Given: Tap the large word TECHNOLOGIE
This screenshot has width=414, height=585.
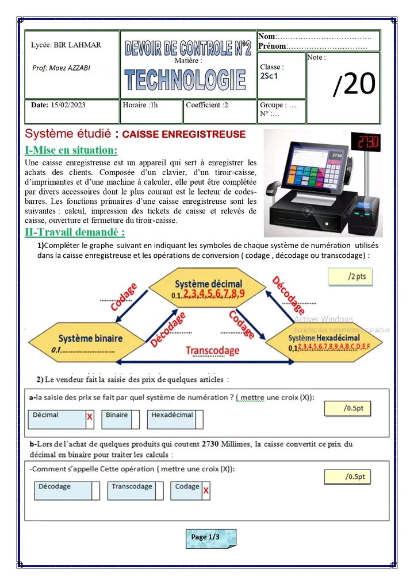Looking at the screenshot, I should click(185, 79).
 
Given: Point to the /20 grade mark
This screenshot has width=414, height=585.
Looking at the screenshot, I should click(354, 84).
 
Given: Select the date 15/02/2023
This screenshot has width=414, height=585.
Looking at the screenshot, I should click(68, 105).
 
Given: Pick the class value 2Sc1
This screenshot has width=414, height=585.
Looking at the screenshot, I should click(269, 75).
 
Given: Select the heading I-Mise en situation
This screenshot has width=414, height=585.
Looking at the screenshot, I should click(71, 150).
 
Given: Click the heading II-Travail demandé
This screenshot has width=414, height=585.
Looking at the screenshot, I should click(75, 233).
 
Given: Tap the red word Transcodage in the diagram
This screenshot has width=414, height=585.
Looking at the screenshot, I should click(212, 351).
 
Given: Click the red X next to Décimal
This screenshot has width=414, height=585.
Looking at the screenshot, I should click(90, 417).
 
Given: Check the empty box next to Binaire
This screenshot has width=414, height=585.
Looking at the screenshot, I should click(136, 419).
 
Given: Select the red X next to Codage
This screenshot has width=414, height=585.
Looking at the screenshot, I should click(206, 491).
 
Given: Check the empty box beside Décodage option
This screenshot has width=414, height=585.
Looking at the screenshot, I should click(95, 490).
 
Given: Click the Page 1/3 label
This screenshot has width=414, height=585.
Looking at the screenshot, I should click(206, 537).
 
